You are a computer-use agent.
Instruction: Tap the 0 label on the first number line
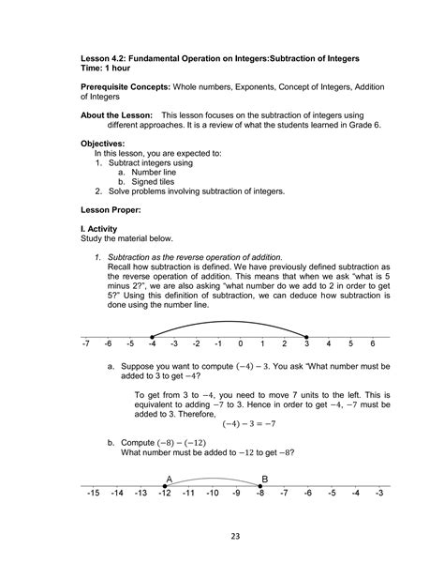(x=240, y=344)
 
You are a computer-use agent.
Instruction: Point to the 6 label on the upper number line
(x=373, y=344)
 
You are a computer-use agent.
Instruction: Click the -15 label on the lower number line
(x=93, y=493)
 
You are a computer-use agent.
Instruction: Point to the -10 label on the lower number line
(x=213, y=493)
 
